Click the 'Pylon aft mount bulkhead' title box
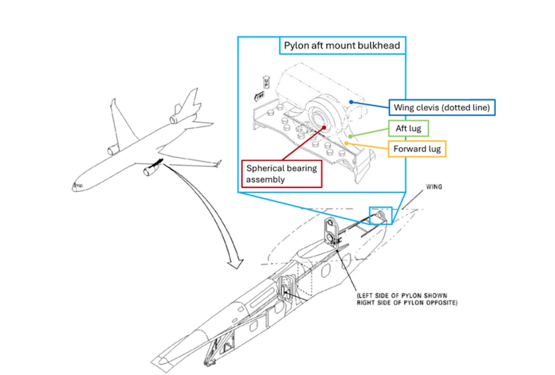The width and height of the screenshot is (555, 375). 342,45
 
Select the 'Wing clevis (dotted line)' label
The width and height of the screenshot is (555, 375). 442,107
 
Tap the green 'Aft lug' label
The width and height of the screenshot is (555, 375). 405,129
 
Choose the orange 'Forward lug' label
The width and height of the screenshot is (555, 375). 417,149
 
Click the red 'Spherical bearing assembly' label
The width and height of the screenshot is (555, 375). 281,174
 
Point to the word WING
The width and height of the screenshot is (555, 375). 434,187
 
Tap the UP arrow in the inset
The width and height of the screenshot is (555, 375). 266,82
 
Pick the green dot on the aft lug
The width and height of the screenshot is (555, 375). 350,136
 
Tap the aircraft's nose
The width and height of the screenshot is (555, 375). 75,187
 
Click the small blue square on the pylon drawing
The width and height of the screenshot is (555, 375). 380,215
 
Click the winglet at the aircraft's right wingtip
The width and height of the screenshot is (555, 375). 218,163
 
